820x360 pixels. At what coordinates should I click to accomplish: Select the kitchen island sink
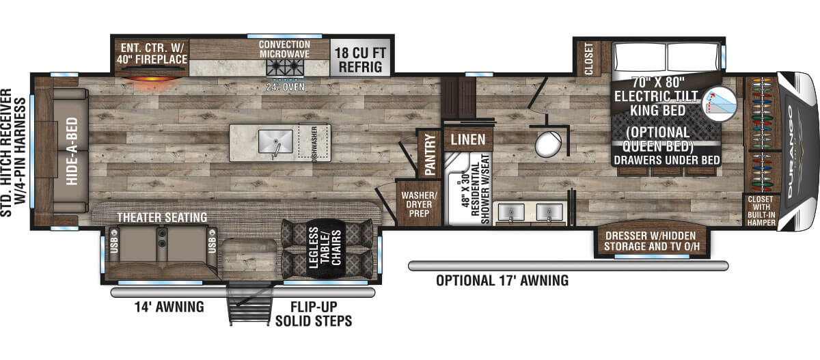(x=275, y=142)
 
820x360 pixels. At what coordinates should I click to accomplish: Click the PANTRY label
(x=431, y=154)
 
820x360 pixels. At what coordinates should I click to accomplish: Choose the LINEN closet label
(x=467, y=140)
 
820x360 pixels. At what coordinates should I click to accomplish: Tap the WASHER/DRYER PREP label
(x=418, y=202)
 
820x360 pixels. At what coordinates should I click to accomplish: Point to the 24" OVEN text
(x=285, y=87)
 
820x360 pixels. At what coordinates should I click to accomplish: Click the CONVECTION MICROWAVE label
(x=285, y=49)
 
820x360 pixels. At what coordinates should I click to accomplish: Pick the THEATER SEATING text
(x=162, y=217)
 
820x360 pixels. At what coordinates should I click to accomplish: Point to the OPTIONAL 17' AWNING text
(x=502, y=280)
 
